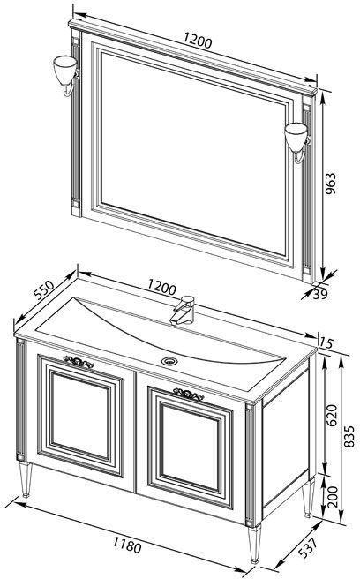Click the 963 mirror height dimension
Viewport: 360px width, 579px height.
pos(330,184)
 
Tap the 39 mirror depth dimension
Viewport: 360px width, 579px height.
pos(320,294)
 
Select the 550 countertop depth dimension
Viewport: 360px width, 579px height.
pos(44,289)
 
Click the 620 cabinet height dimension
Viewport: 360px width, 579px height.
pos(332,415)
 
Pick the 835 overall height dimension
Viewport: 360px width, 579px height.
pos(349,436)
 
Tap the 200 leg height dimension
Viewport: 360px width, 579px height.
pos(333,496)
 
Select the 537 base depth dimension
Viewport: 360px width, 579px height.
pos(307,548)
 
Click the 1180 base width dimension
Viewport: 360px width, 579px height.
pos(127,545)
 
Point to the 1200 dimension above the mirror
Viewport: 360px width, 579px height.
pos(198,41)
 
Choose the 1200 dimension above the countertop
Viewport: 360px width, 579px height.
pos(161,286)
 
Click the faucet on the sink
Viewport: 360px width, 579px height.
pos(184,310)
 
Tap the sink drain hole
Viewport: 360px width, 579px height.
pos(169,361)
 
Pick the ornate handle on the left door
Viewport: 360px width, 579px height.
pos(79,362)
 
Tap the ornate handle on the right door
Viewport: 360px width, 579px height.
pos(188,395)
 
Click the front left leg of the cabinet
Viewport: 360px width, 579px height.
pos(26,478)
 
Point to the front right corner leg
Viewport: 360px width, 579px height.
pos(254,544)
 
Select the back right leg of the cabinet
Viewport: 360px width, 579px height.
pos(308,497)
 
